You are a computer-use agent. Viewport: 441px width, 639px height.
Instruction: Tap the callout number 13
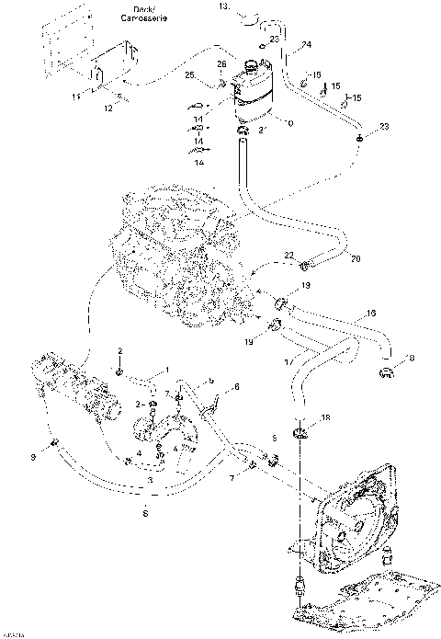(x=223, y=6)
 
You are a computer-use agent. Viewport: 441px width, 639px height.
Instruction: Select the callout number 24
(x=306, y=43)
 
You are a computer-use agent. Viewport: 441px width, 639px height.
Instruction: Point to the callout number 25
(x=189, y=74)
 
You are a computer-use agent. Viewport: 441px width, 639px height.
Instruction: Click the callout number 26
(x=220, y=63)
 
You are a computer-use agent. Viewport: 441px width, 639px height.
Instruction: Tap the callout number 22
(x=288, y=255)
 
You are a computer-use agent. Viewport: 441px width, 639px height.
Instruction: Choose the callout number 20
(x=355, y=258)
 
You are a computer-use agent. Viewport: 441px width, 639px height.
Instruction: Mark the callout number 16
(x=371, y=313)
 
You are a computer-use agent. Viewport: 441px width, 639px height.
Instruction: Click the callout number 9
(x=33, y=456)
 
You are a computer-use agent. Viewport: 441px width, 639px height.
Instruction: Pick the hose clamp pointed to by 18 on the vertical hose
(x=299, y=434)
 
